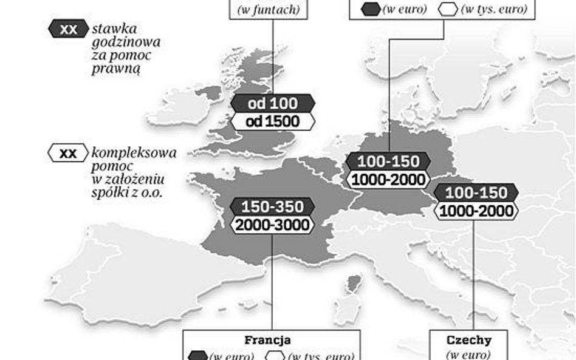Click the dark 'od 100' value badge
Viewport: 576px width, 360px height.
pyautogui.click(x=273, y=103)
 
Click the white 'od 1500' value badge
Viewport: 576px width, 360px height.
pyautogui.click(x=273, y=121)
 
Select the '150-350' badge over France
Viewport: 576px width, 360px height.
pyautogui.click(x=272, y=206)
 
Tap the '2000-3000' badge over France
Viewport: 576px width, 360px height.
pyautogui.click(x=272, y=225)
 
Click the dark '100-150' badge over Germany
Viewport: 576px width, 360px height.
pyautogui.click(x=388, y=161)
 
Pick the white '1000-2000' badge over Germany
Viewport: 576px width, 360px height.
pyautogui.click(x=388, y=180)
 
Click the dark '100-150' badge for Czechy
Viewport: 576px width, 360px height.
pyautogui.click(x=476, y=193)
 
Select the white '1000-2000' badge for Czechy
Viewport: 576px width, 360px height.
pyautogui.click(x=476, y=211)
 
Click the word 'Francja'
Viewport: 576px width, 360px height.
pyautogui.click(x=267, y=340)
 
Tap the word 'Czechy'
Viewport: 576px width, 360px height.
pyautogui.click(x=468, y=340)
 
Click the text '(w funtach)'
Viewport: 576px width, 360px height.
pyautogui.click(x=269, y=10)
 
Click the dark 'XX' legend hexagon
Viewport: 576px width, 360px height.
pyautogui.click(x=68, y=29)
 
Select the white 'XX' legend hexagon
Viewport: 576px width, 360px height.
pyautogui.click(x=68, y=153)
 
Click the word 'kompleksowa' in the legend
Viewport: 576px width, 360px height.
pyautogui.click(x=134, y=153)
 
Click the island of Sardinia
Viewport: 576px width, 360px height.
pyautogui.click(x=348, y=313)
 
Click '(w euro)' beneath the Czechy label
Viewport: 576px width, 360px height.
pyautogui.click(x=468, y=355)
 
